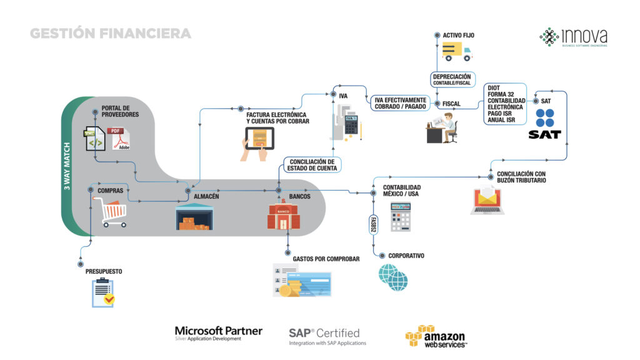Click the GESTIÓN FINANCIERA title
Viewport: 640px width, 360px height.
pos(111,33)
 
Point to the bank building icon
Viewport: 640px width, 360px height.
pos(284,216)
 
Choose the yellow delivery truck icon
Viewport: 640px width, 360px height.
pos(457,52)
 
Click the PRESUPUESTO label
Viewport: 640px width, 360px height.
pos(104,272)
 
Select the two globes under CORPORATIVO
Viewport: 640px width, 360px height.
pos(393,277)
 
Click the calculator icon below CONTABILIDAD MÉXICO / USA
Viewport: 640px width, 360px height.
pos(401,217)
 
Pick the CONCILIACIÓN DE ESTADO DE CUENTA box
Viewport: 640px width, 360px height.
pos(313,165)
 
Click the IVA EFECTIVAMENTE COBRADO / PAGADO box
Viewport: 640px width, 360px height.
pos(401,103)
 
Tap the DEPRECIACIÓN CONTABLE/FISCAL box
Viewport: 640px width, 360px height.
pos(451,79)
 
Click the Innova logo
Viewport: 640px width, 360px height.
pos(573,37)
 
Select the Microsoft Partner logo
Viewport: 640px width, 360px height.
pos(219,333)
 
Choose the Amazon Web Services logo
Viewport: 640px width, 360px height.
pos(436,336)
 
